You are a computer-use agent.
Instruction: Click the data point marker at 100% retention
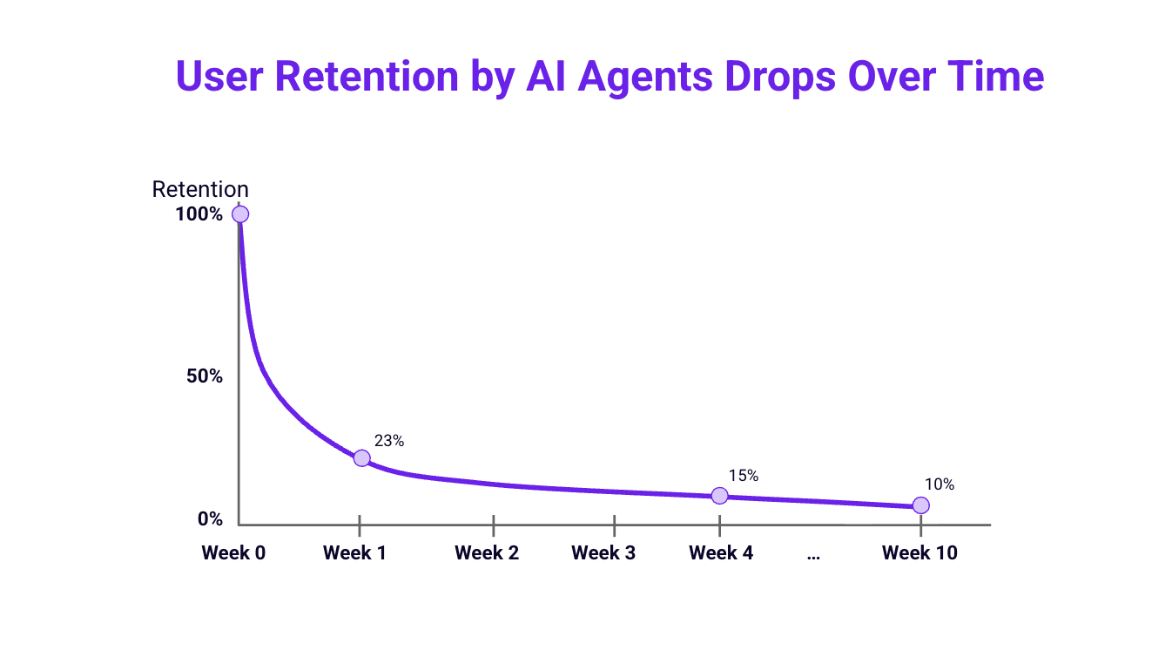239,214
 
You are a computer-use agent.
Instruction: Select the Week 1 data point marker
361,458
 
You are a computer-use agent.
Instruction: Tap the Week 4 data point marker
719,496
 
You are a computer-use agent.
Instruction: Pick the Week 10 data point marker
920,505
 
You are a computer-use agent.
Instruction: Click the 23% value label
388,441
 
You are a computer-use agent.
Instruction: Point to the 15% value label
743,476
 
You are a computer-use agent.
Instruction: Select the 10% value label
939,484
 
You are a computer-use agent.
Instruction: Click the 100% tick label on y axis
199,214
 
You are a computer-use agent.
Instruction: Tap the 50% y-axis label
205,376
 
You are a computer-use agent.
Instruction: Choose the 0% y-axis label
210,519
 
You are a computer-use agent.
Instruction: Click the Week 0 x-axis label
233,553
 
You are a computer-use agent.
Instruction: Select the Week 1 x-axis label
354,553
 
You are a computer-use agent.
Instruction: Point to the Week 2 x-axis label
487,553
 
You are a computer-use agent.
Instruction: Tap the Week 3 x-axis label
603,553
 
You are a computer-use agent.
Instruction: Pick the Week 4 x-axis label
721,553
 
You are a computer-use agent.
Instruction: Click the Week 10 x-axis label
919,553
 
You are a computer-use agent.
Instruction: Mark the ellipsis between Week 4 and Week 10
813,556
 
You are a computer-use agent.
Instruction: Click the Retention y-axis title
200,189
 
